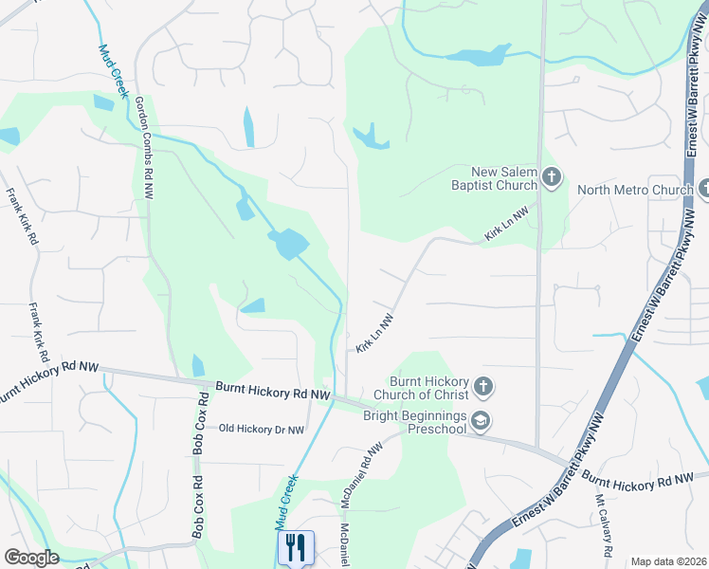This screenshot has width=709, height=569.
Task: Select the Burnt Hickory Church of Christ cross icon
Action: pos(483,385)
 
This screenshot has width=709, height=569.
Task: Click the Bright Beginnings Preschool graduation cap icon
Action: pos(481,421)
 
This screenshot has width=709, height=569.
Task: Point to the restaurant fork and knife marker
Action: pos(296,546)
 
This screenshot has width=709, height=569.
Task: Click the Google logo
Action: pos(30,558)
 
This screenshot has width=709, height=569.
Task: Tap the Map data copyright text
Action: pos(668,561)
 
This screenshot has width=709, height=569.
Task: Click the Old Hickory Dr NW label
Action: pos(262,430)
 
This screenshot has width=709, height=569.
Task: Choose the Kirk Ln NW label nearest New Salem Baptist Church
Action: pos(505,224)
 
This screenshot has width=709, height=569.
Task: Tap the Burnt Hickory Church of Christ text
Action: pos(422,387)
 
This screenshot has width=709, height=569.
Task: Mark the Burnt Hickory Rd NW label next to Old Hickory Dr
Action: pos(273,390)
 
